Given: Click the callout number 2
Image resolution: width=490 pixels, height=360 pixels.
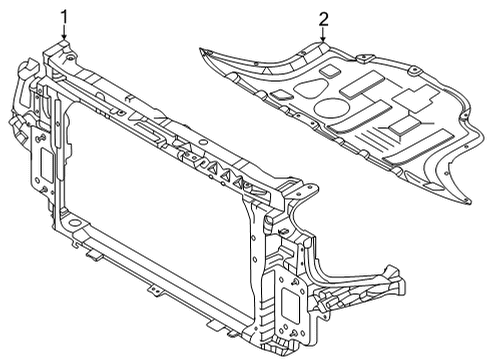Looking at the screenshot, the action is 323,18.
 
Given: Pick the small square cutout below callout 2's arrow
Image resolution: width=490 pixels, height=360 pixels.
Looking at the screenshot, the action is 327,72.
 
